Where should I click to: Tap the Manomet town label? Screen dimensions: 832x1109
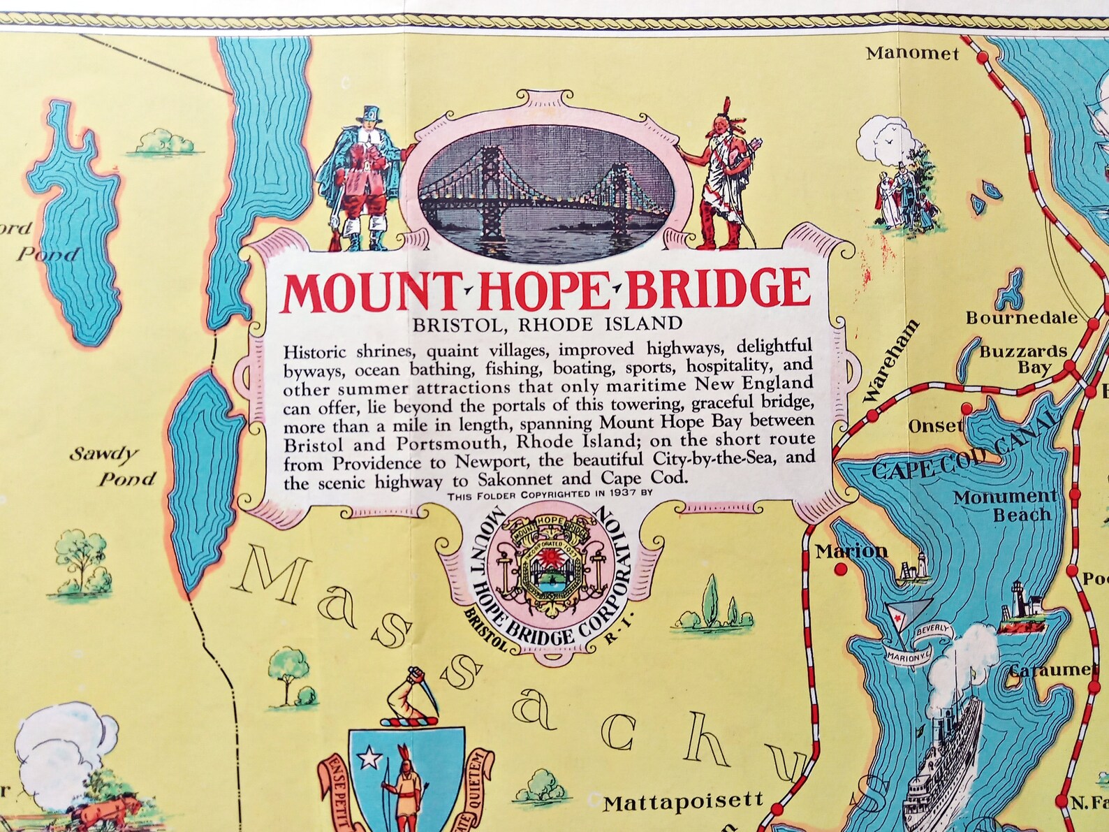(x=913, y=53)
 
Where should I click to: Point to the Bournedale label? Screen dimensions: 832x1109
(x=1022, y=318)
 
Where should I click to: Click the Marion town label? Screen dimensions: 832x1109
(x=851, y=551)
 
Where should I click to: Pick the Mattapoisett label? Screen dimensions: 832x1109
(x=684, y=802)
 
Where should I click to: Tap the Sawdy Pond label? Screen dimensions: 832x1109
(x=112, y=467)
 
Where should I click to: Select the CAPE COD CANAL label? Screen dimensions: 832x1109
(x=964, y=454)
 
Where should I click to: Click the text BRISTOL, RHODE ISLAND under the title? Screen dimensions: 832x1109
(x=547, y=324)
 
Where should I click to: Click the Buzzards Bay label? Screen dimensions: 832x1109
(x=1023, y=359)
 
